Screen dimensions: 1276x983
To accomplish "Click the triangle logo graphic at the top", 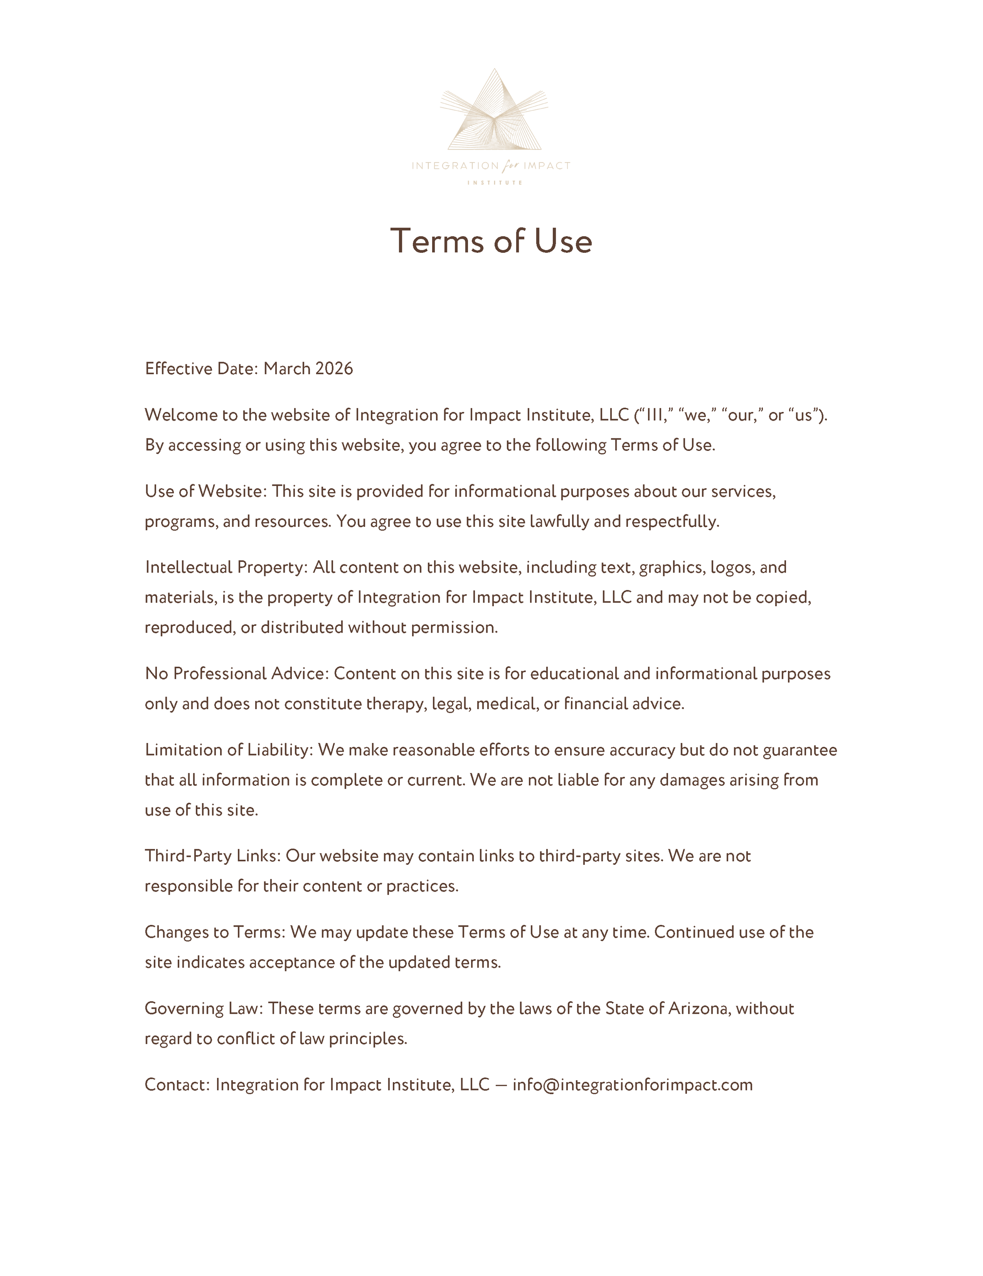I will (x=494, y=111).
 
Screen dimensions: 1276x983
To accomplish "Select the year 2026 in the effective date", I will (x=334, y=369).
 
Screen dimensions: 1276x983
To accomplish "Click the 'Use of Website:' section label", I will (x=206, y=491).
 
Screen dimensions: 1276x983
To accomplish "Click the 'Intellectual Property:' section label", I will (x=226, y=567).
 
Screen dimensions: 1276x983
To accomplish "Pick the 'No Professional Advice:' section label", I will (x=237, y=674).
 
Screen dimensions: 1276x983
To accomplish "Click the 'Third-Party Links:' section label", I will (x=213, y=856).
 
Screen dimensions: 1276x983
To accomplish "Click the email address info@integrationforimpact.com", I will (x=632, y=1085).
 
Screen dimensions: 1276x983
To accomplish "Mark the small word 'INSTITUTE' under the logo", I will (x=494, y=183).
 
